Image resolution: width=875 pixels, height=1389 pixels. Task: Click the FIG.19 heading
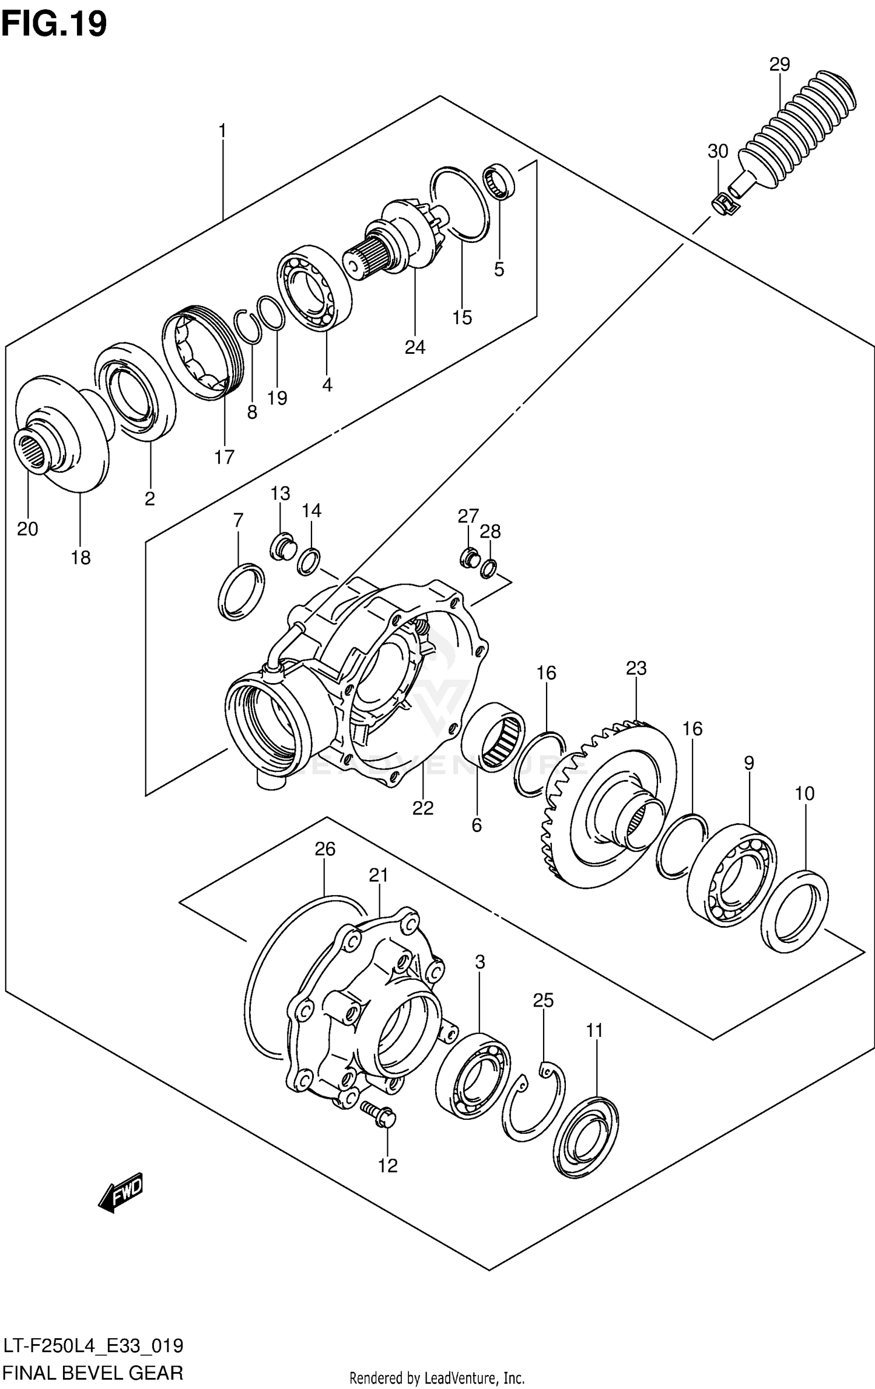coord(54,24)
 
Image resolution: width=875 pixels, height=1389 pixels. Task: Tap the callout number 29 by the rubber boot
coord(779,65)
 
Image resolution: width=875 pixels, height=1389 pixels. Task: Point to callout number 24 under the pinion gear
coord(415,347)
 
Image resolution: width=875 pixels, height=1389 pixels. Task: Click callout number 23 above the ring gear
coord(636,668)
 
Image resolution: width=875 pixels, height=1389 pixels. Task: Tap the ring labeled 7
coord(240,591)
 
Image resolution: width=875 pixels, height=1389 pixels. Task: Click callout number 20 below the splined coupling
coord(27,529)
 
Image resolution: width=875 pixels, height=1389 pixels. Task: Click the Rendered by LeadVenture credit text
coord(437,1378)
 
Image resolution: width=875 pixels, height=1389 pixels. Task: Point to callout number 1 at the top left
coord(222,131)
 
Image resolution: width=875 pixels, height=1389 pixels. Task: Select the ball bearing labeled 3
coord(473,1075)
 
